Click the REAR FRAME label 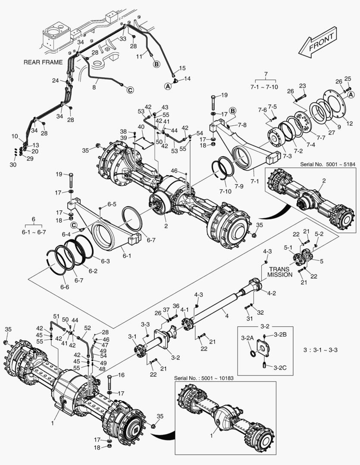(x=43, y=62)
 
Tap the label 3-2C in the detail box (x=275, y=366)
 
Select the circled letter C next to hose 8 (x=130, y=90)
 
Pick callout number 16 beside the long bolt (x=121, y=375)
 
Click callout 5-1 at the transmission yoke (x=288, y=248)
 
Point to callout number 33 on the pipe (x=123, y=39)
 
